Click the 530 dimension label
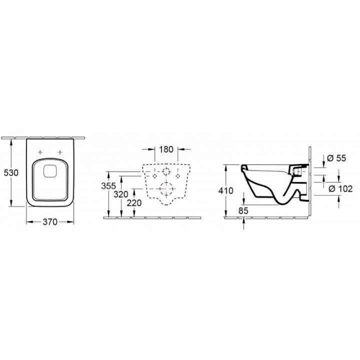(x=11, y=172)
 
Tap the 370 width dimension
(x=50, y=222)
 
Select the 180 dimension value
(x=166, y=149)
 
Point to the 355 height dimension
(x=108, y=186)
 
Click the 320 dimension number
(x=121, y=194)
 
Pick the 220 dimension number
(x=134, y=203)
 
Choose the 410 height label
(x=225, y=190)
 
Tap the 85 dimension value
(x=243, y=210)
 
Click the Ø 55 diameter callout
(x=336, y=158)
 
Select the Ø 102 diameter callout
(x=340, y=188)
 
